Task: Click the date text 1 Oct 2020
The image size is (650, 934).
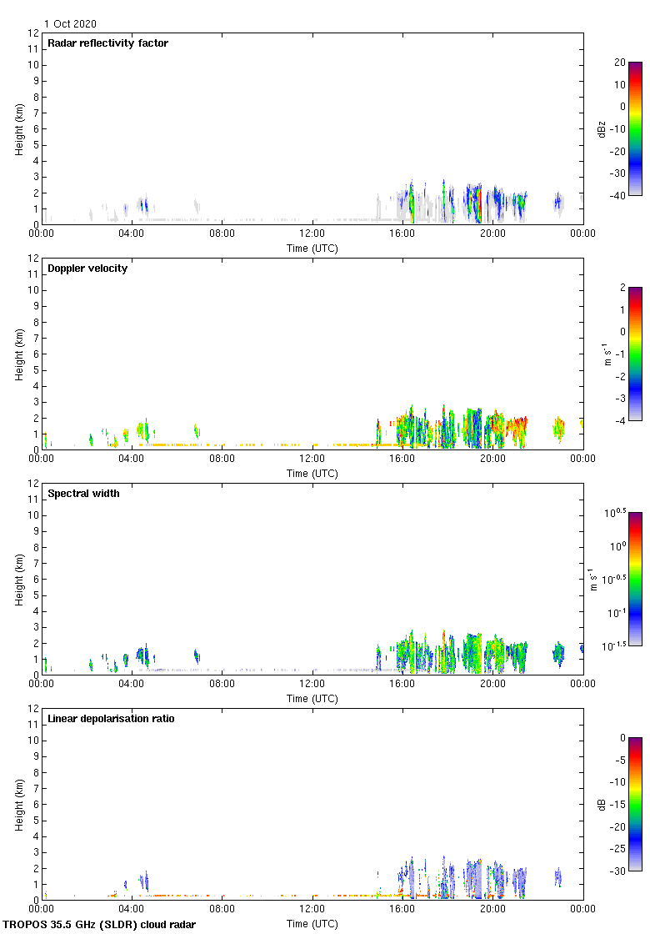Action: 70,24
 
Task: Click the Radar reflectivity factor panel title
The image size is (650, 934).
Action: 107,43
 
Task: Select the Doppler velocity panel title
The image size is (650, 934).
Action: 87,269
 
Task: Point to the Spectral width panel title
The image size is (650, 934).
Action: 83,494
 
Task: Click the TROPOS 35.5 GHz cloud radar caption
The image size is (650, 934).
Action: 100,925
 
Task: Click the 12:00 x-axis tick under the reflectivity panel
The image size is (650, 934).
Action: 312,234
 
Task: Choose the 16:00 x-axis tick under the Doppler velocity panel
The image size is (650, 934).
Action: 402,459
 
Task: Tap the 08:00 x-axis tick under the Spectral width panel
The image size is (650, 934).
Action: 222,685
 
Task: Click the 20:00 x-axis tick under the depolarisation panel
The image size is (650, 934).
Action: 492,910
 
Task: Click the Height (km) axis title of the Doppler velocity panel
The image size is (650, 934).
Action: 19,354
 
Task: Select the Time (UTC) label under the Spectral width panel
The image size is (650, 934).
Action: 312,698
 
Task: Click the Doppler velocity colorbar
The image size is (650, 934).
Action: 635,354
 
